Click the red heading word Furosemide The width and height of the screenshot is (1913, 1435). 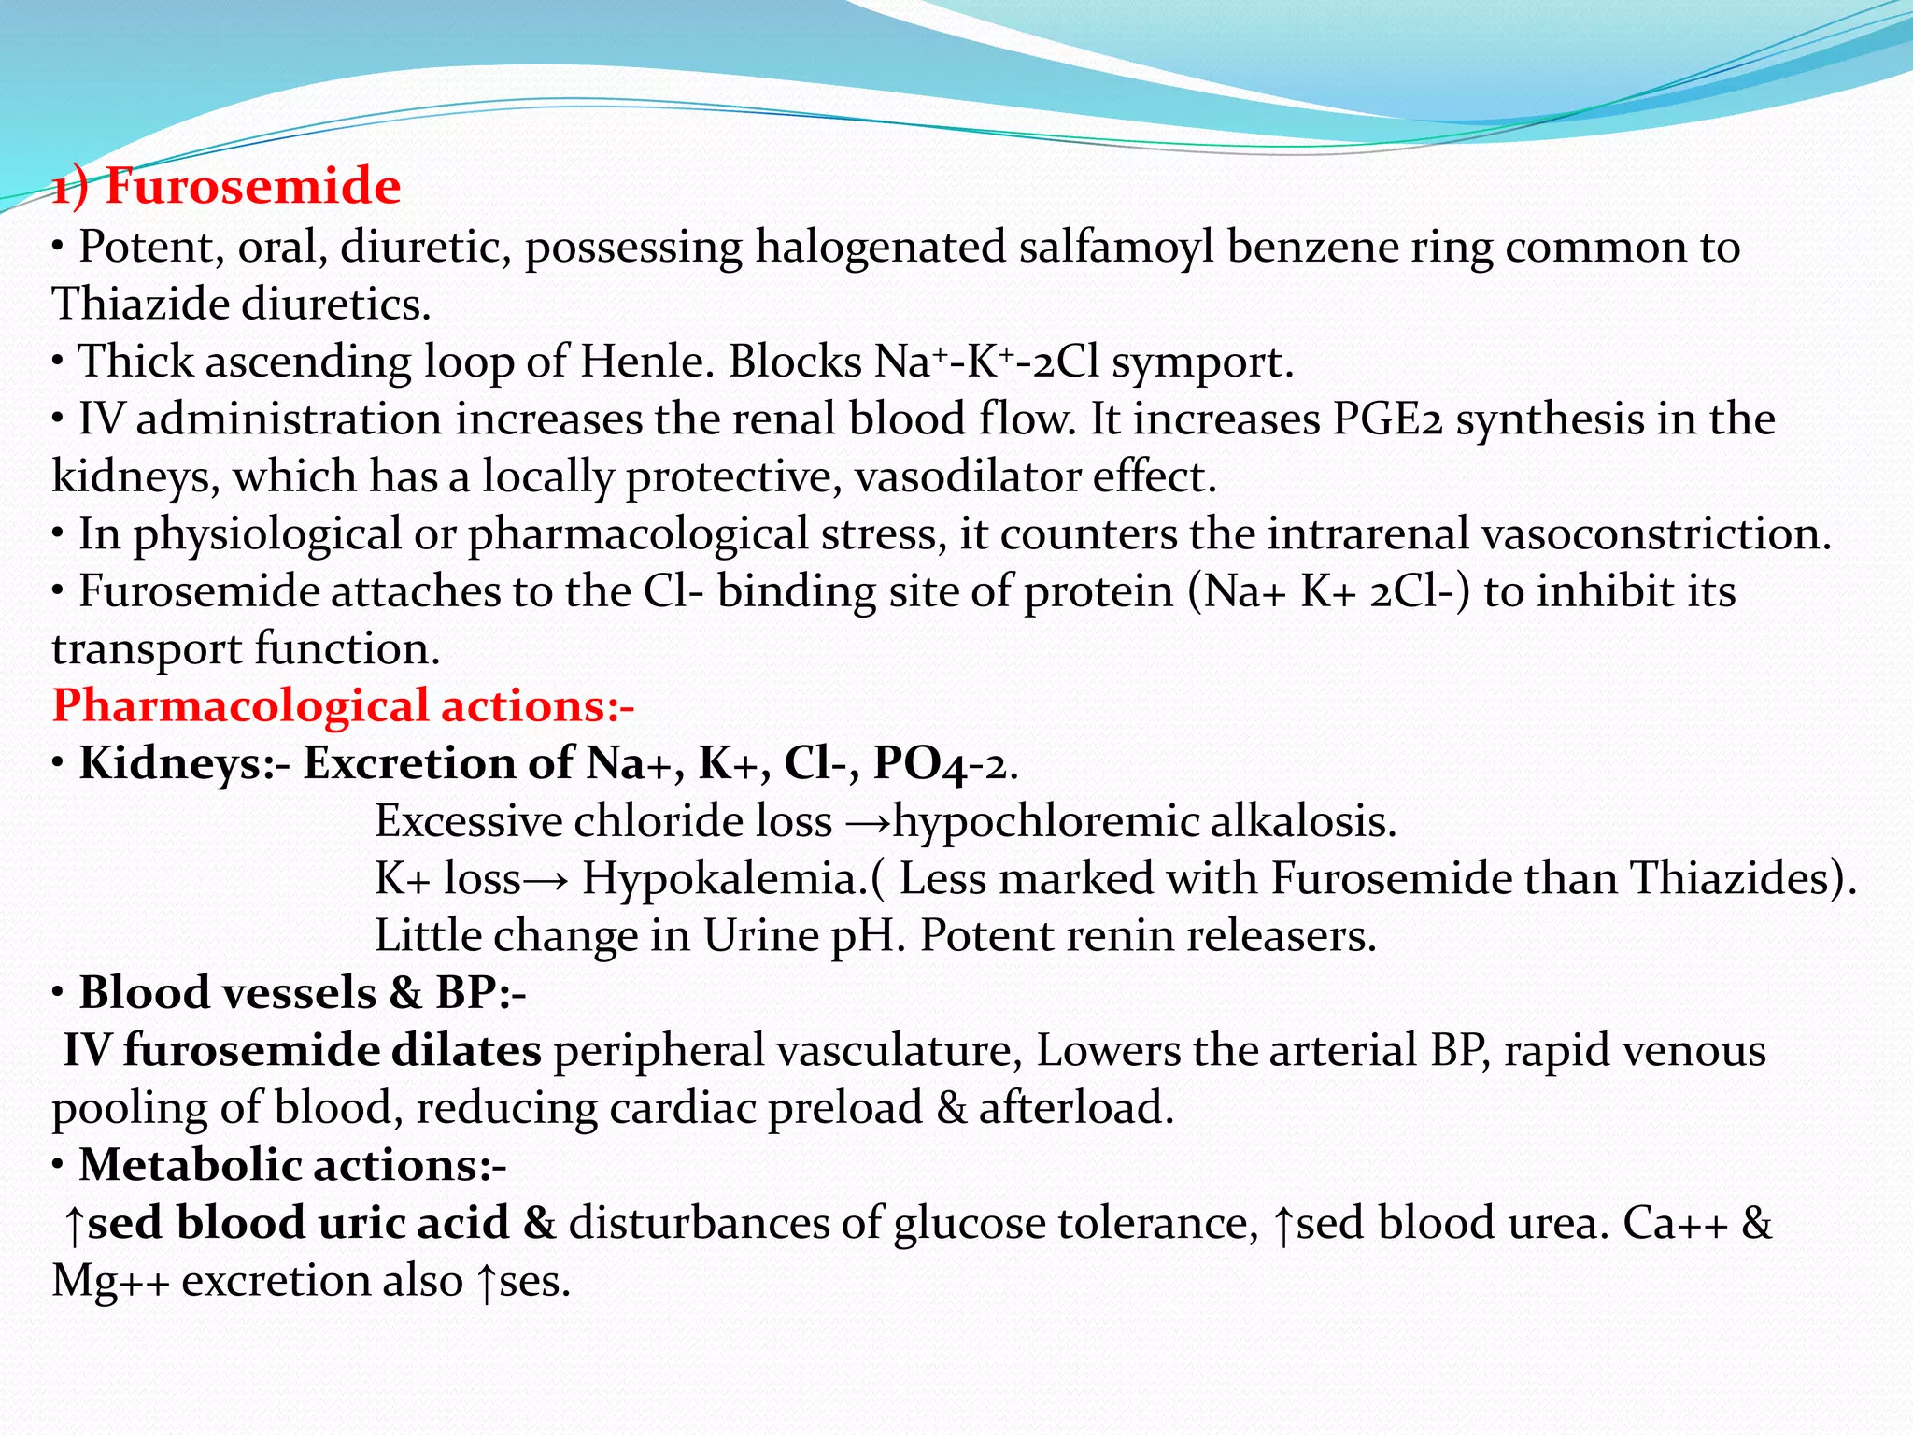[x=252, y=186]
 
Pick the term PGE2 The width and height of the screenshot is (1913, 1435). [x=1387, y=419]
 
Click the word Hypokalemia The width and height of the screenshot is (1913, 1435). [x=725, y=879]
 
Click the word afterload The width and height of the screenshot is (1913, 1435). [x=1075, y=1108]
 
